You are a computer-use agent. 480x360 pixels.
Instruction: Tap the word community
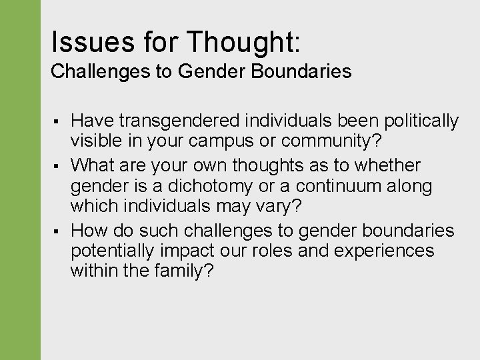(331, 141)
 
